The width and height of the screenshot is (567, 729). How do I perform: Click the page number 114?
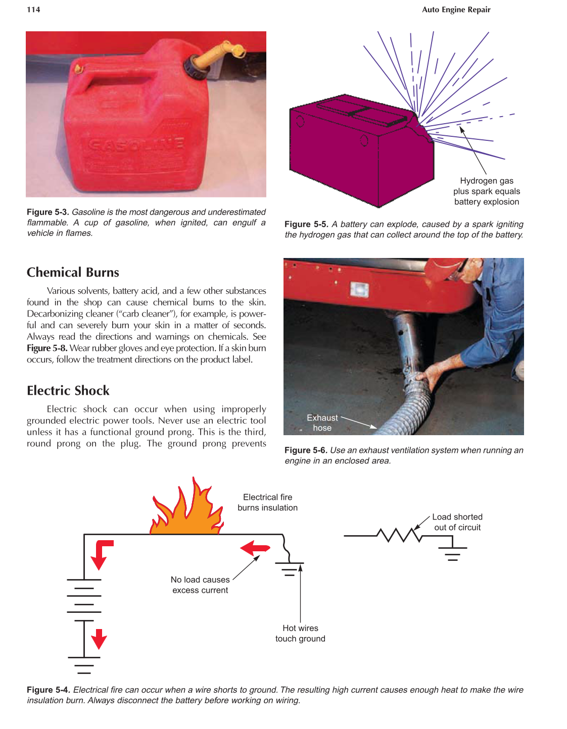(x=33, y=10)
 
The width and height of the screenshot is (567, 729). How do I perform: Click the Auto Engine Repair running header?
(x=456, y=10)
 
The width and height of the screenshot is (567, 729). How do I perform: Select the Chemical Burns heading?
(x=73, y=273)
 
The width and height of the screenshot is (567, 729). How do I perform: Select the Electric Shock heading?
(x=68, y=391)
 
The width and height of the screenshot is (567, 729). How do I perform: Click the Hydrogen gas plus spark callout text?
(x=486, y=191)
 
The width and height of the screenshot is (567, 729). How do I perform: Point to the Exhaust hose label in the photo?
(x=322, y=423)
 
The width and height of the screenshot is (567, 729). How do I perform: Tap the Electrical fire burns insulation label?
(x=267, y=502)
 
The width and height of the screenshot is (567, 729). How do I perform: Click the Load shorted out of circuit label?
(x=457, y=522)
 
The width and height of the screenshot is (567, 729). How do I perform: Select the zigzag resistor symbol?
(x=400, y=535)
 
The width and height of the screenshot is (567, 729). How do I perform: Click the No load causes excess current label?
(x=200, y=585)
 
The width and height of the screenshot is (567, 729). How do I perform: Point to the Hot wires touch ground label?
(x=300, y=633)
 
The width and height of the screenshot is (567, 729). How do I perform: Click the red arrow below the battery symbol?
(x=99, y=639)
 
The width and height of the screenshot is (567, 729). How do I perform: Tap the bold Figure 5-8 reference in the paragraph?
(x=47, y=348)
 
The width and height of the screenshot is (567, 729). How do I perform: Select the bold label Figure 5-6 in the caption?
(x=306, y=450)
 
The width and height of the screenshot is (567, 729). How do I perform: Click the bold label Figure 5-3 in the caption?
(x=48, y=212)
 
